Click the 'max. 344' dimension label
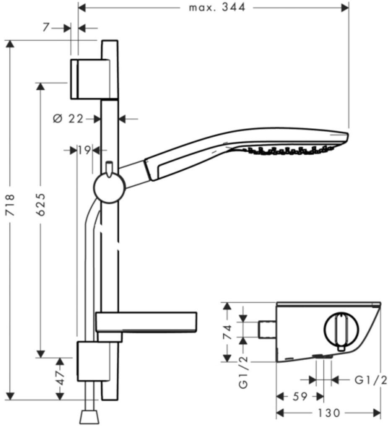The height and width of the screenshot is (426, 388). coord(217,7)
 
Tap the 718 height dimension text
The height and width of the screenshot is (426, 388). coord(10,205)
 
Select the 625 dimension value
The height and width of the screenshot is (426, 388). coord(41,204)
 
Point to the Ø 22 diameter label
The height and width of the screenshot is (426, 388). coord(68,119)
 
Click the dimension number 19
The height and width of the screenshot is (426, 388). coord(84,150)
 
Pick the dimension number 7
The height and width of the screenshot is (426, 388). coord(47,27)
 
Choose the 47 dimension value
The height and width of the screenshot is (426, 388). coord(60,378)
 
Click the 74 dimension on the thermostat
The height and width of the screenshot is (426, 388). coord(227,332)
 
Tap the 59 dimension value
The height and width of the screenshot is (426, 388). coord(300,397)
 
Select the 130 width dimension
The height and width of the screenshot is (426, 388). coord(329,413)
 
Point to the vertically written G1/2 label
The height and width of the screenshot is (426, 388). coord(243,372)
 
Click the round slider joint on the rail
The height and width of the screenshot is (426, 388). coord(109,187)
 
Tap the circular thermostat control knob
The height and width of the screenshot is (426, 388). coord(341,329)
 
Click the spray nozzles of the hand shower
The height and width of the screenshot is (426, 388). coord(289,150)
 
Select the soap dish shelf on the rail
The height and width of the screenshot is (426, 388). coord(146,322)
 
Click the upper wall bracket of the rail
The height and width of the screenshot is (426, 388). coord(94,79)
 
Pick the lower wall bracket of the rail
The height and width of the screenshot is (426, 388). coord(94,361)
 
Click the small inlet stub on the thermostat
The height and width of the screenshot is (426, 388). coord(267,330)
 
